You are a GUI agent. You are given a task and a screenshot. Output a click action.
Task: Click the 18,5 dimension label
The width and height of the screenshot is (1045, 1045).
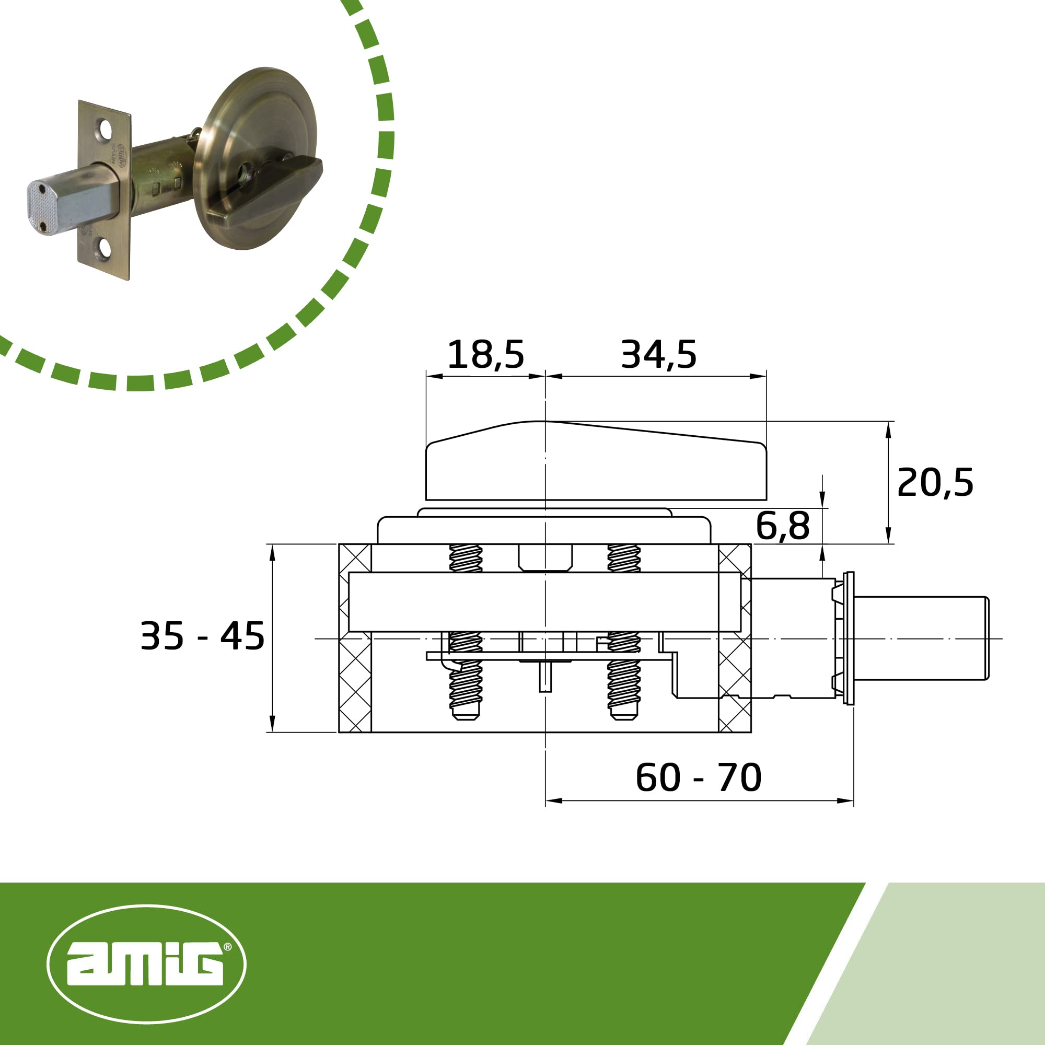pyautogui.click(x=486, y=355)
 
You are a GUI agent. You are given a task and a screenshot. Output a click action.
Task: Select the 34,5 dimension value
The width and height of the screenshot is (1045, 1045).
pyautogui.click(x=659, y=355)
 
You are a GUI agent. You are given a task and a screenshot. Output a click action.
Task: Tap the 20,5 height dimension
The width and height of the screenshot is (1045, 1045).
pyautogui.click(x=935, y=482)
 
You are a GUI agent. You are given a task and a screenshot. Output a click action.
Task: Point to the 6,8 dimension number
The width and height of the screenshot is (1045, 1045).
pyautogui.click(x=783, y=525)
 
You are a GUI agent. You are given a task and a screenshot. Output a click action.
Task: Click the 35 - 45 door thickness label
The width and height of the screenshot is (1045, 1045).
pyautogui.click(x=202, y=636)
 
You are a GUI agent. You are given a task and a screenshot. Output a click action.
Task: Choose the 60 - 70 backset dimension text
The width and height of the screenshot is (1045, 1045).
pyautogui.click(x=699, y=778)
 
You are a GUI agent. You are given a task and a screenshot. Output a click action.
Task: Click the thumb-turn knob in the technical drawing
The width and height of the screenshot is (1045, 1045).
pyautogui.click(x=596, y=461)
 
